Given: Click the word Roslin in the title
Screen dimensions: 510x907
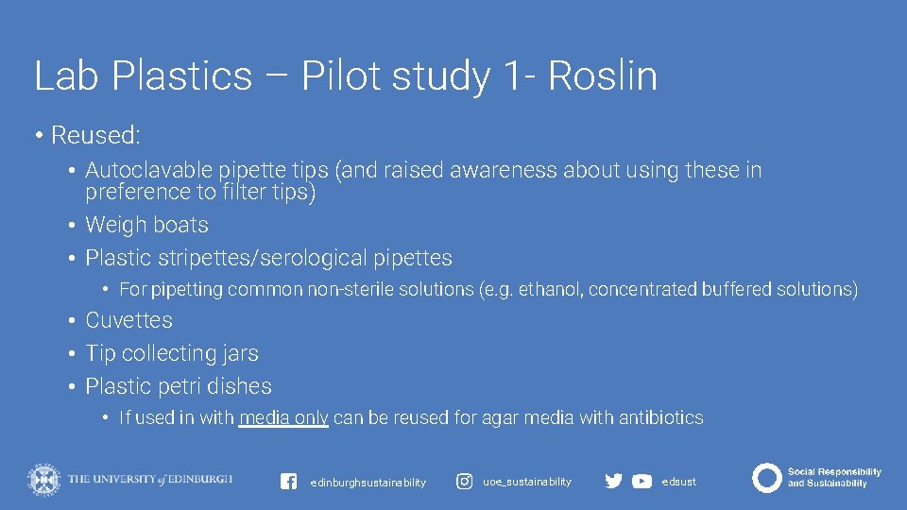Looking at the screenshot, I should click(x=603, y=76).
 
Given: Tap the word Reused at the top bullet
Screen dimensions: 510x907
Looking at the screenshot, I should click(x=94, y=136).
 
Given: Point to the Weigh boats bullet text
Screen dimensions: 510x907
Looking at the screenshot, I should click(x=146, y=226).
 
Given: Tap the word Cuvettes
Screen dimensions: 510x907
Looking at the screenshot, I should click(x=128, y=321).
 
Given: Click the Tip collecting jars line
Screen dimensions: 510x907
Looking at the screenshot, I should click(x=171, y=354).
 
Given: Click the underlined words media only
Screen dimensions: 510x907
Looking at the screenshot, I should click(x=283, y=418).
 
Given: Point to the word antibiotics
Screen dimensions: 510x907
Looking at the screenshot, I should click(x=660, y=418).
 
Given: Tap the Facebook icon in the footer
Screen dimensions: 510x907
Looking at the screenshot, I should click(x=289, y=482).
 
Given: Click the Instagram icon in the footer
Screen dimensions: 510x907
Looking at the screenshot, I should click(x=465, y=482).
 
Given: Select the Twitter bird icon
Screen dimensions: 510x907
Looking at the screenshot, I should click(x=613, y=482).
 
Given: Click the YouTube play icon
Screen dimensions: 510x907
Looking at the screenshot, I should click(x=642, y=482).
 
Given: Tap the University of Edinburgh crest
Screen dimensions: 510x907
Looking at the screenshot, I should click(x=43, y=479).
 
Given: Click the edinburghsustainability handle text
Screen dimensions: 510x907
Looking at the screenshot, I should click(x=368, y=483).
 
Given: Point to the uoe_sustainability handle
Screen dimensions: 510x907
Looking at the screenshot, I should click(x=527, y=482).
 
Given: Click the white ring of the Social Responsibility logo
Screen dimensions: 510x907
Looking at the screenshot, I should click(x=766, y=478).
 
